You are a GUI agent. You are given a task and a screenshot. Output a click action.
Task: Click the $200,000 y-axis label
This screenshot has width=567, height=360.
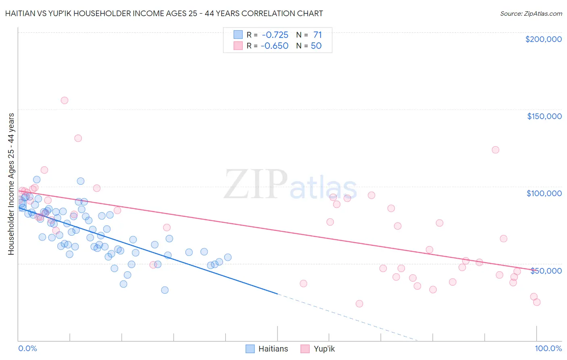coord(543,39)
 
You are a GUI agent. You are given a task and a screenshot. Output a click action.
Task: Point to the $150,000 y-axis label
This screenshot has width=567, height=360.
coord(544,116)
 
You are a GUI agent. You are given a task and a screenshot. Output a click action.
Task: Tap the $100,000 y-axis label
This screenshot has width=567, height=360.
coord(544,193)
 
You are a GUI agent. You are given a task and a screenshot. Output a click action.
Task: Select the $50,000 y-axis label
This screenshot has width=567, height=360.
coord(546,270)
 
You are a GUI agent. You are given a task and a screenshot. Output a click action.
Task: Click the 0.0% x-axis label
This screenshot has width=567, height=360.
coord(27,348)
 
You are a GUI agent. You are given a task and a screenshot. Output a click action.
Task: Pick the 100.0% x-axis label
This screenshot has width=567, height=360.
coord(548,348)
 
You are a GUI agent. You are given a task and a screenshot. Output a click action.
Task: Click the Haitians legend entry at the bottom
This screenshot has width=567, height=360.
coord(267,349)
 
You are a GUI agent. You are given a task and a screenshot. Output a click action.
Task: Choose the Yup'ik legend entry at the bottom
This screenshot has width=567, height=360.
coord(318,349)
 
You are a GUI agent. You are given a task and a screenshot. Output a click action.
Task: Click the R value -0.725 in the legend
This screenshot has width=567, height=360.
coord(275,35)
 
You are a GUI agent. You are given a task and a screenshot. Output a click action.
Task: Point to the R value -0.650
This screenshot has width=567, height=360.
coord(275,46)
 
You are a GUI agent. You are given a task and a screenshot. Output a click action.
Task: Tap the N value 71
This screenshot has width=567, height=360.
coord(317,35)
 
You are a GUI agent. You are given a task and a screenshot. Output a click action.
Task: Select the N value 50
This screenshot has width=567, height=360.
coord(316,46)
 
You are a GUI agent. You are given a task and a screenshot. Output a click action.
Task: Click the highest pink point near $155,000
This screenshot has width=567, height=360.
coord(65,100)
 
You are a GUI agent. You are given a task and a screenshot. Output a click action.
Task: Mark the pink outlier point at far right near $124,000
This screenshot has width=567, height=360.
coord(495,150)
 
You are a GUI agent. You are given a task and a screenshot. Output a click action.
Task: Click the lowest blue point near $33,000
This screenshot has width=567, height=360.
coord(165,290)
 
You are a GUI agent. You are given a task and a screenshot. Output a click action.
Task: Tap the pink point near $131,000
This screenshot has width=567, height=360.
coord(78,138)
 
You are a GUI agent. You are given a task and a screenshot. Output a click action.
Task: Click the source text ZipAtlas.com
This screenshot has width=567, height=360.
coord(531,14)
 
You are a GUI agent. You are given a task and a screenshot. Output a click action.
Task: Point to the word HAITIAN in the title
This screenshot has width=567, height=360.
coord(20,13)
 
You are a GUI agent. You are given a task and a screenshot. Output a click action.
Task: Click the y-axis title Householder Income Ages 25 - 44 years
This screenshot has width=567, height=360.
coord(11,184)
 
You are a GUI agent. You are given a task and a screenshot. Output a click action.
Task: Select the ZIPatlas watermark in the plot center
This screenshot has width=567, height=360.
coord(290,185)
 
